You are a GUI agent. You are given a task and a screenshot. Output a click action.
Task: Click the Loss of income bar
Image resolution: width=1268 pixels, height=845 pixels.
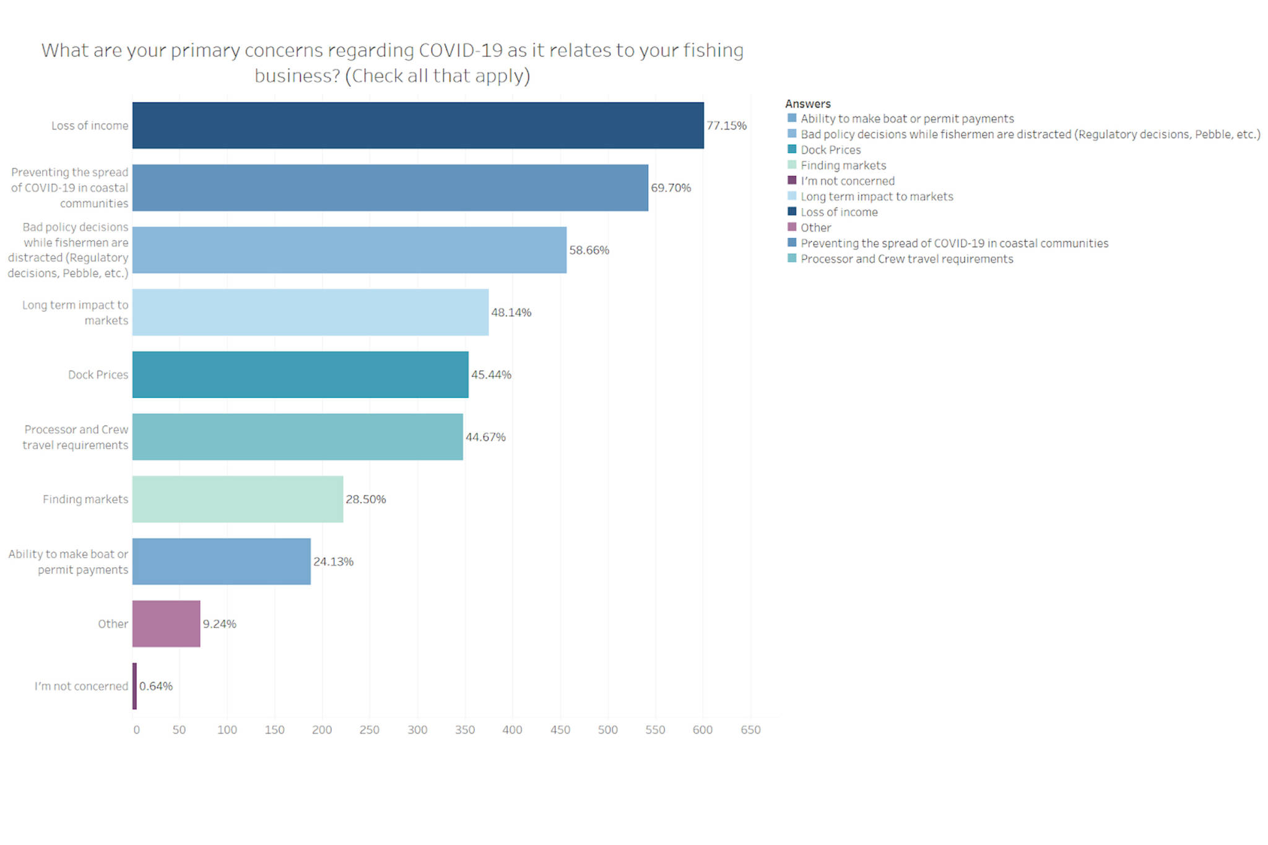[418, 126]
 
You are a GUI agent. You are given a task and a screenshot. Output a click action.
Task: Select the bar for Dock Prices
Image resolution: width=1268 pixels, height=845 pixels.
[300, 375]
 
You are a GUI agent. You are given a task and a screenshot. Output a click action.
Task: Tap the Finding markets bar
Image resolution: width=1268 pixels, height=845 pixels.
[238, 499]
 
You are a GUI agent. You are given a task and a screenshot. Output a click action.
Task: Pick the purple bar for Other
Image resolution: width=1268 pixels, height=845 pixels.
[166, 623]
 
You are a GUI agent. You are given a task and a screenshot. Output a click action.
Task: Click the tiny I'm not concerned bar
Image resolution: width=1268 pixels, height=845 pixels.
[134, 686]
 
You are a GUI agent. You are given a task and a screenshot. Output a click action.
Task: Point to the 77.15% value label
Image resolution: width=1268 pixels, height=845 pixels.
[726, 126]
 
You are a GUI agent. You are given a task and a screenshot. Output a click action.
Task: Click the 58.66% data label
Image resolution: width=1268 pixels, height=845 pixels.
[589, 250]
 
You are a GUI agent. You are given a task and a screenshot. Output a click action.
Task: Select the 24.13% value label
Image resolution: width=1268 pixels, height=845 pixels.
[333, 561]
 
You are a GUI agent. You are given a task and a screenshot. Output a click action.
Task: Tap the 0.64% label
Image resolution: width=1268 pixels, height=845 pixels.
[155, 686]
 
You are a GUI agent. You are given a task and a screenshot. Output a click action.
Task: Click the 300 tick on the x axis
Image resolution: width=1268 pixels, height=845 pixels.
[417, 730]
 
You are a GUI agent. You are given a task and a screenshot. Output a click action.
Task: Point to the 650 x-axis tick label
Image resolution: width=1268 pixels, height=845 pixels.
[750, 730]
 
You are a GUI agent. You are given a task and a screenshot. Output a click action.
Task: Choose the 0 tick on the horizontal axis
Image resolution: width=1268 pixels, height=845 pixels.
[136, 730]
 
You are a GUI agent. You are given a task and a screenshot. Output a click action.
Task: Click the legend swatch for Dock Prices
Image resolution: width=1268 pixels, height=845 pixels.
[792, 149]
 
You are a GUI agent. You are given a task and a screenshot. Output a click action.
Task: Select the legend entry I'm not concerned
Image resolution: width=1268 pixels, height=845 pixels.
[847, 181]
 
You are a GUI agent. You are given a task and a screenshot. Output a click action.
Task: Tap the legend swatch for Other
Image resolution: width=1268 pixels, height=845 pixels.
[792, 227]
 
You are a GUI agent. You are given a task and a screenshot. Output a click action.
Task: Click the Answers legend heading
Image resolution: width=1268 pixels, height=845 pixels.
[807, 103]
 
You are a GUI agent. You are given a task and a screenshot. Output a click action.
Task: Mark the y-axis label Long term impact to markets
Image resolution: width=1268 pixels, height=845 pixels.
[76, 313]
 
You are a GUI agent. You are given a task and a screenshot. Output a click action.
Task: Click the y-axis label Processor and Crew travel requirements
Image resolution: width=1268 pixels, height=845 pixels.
[76, 437]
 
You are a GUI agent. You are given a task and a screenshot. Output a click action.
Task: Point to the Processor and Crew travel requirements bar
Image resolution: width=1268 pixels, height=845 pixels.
[297, 437]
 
